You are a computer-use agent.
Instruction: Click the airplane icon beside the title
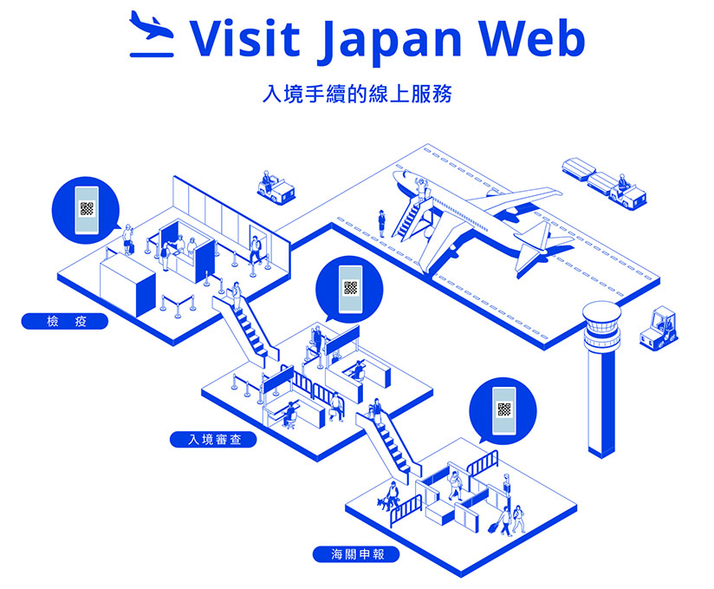click(152, 34)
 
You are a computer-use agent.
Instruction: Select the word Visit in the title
click(244, 37)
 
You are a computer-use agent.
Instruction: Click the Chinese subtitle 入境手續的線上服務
click(358, 94)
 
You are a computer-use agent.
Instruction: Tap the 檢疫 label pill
click(65, 322)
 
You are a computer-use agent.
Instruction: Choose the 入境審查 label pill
click(213, 440)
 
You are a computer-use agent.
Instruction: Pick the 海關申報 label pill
click(356, 554)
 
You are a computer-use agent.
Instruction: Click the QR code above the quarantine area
click(87, 209)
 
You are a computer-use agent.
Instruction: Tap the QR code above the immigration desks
click(350, 288)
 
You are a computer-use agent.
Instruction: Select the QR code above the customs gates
click(504, 409)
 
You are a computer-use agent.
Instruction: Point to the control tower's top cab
click(601, 325)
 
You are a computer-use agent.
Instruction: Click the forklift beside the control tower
click(659, 329)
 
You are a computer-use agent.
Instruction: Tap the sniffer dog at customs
click(385, 503)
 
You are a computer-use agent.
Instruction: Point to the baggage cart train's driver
click(621, 182)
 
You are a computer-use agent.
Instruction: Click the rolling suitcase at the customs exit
click(494, 527)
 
